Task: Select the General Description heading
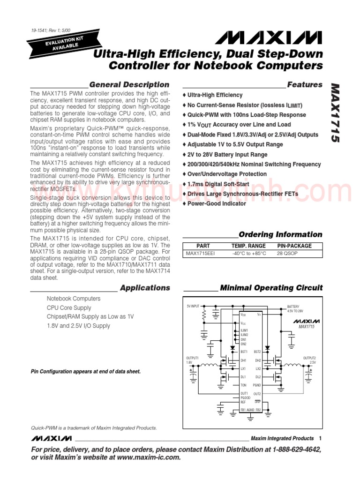point(129,85)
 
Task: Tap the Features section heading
point(305,85)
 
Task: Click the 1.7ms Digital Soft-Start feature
point(218,184)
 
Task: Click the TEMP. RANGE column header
point(248,246)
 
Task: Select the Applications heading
point(145,288)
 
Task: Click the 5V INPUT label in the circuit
point(193,306)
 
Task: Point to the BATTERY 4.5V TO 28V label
point(295,309)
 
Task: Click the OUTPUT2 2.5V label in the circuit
point(309,360)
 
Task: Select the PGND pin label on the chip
point(256,385)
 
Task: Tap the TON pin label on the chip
point(243,385)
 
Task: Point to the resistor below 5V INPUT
point(204,317)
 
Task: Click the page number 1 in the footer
point(320,438)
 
